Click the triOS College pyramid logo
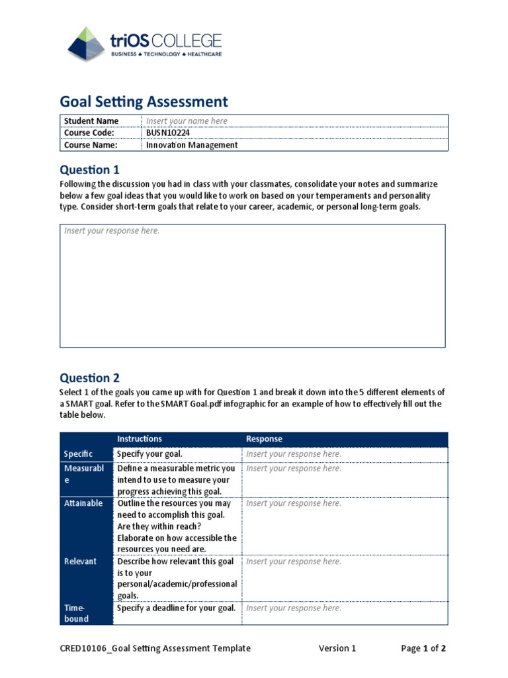pyautogui.click(x=86, y=44)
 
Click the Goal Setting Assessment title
pyautogui.click(x=144, y=101)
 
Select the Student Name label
pyautogui.click(x=91, y=121)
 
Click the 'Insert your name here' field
pyautogui.click(x=187, y=121)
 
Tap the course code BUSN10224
pyautogui.click(x=168, y=133)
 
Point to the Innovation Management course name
pyautogui.click(x=191, y=145)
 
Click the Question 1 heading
pyautogui.click(x=89, y=169)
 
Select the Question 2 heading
pyautogui.click(x=89, y=378)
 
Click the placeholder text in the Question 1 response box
pyautogui.click(x=111, y=231)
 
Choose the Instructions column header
pyautogui.click(x=140, y=439)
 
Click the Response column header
pyautogui.click(x=264, y=439)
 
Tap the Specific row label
pyautogui.click(x=78, y=454)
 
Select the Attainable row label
pyautogui.click(x=83, y=503)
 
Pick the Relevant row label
pyautogui.click(x=80, y=561)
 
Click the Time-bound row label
pyautogui.click(x=77, y=613)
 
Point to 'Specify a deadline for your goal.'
pyautogui.click(x=176, y=608)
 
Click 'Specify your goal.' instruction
pyautogui.click(x=149, y=454)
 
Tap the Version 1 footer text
pyautogui.click(x=337, y=648)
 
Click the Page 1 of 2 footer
pyautogui.click(x=423, y=648)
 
